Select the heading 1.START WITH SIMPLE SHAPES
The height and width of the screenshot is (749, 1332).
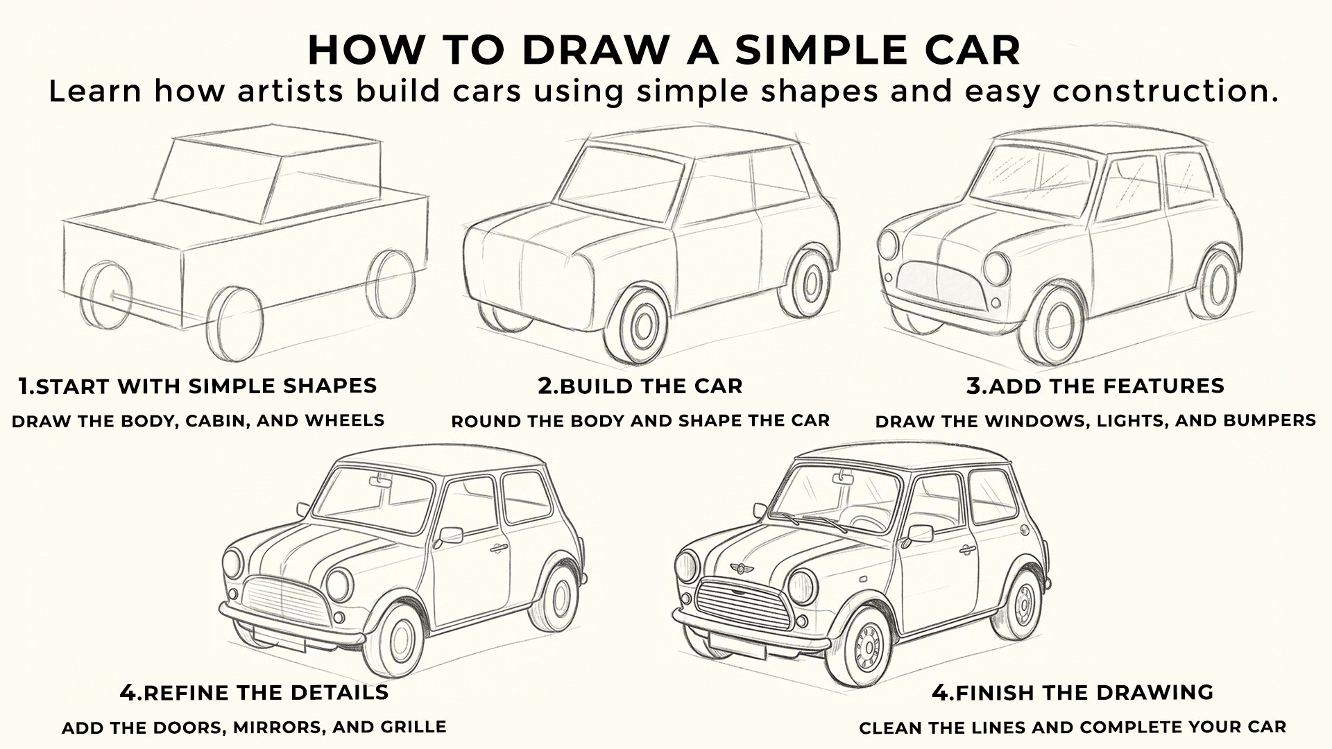198,386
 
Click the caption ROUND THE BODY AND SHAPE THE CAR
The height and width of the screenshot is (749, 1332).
640,421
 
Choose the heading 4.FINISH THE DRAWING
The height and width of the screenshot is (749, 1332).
1073,692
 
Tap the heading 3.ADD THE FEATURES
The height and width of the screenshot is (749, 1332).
1095,386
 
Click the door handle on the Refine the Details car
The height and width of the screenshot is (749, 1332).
495,549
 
